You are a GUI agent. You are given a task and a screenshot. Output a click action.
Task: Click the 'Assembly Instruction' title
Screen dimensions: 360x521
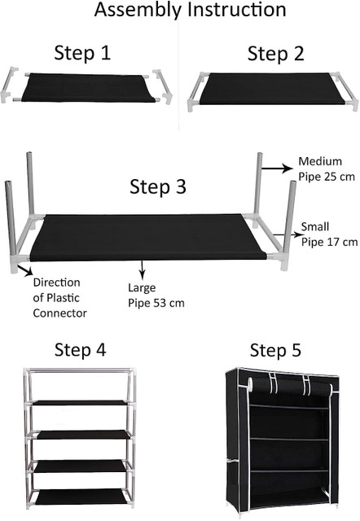(190, 10)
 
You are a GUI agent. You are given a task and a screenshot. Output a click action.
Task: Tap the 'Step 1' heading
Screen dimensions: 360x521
(82, 53)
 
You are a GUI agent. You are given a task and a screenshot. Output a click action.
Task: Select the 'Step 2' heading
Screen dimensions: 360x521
(275, 54)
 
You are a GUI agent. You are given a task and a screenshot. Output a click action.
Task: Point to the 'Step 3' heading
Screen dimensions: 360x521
(157, 186)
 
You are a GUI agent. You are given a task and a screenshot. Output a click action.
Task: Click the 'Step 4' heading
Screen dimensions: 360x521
(80, 350)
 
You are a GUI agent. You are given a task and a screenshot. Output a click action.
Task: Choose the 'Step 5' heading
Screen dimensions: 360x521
(275, 351)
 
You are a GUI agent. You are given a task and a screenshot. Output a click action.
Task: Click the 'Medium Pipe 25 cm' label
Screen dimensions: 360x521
(327, 169)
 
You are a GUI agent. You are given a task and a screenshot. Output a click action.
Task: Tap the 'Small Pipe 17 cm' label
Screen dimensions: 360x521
(329, 234)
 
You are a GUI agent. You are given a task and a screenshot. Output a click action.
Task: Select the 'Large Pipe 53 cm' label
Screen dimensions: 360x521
(156, 296)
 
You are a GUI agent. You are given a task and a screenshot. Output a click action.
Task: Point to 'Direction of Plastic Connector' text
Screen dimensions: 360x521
(59, 298)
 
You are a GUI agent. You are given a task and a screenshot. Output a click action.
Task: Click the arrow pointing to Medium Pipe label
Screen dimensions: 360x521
(277, 169)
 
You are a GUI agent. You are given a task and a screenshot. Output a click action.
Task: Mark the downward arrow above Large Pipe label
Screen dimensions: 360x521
(143, 269)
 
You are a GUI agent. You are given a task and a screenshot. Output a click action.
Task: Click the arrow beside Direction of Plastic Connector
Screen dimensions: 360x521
(25, 269)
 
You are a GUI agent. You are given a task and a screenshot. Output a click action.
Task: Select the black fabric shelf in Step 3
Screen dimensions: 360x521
(148, 237)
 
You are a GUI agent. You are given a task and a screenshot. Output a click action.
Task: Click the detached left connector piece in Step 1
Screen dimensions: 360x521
(9, 85)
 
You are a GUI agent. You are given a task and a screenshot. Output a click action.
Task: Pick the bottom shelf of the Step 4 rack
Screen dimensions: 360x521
(81, 497)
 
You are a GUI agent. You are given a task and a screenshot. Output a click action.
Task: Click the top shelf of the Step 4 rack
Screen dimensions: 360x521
(80, 403)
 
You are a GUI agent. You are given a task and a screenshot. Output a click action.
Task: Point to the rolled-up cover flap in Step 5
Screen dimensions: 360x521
(289, 384)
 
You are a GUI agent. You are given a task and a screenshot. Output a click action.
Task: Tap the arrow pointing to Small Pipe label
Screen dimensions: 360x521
(287, 235)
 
